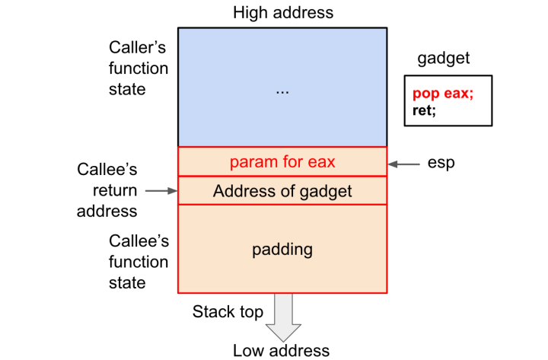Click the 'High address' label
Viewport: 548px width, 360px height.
click(282, 13)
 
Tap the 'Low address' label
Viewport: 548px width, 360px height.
click(282, 350)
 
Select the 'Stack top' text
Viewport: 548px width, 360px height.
click(228, 311)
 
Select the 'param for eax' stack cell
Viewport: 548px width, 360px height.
click(282, 161)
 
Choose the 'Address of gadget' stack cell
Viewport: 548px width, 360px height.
click(282, 190)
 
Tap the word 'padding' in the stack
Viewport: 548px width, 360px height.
click(282, 249)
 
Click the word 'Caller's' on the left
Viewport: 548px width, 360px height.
click(138, 47)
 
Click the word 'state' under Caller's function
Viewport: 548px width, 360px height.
click(126, 89)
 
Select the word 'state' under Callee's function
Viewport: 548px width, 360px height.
click(126, 283)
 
